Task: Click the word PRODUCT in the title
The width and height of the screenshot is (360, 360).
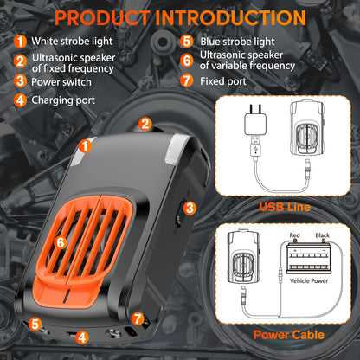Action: [102, 17]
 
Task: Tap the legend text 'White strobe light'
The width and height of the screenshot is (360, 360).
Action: [72, 42]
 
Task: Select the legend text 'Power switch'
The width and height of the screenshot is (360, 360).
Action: [61, 82]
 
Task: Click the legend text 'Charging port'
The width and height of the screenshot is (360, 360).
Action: [63, 100]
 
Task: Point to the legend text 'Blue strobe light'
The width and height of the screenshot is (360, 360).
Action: [237, 42]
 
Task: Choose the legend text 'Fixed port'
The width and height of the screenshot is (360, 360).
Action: [223, 81]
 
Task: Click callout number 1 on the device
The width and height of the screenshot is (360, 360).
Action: [85, 146]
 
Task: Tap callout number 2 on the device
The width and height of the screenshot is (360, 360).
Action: [145, 124]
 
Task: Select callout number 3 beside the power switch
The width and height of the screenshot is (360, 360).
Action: [190, 208]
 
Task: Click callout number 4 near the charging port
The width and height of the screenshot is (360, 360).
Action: [82, 337]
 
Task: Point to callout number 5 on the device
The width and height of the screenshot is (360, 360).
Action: [35, 324]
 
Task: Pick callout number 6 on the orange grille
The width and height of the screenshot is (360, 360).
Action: [61, 242]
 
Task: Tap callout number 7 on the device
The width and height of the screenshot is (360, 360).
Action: [138, 318]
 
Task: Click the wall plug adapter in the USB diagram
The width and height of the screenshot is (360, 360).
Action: [255, 120]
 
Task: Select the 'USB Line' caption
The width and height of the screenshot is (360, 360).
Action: [285, 207]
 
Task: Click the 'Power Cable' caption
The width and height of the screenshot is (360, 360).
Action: [289, 335]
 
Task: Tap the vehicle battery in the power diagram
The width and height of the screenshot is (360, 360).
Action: [308, 257]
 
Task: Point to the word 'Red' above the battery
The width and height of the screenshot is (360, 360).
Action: [294, 235]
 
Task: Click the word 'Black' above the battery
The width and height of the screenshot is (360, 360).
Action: [322, 235]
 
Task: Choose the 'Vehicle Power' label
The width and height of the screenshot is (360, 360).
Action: [309, 280]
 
